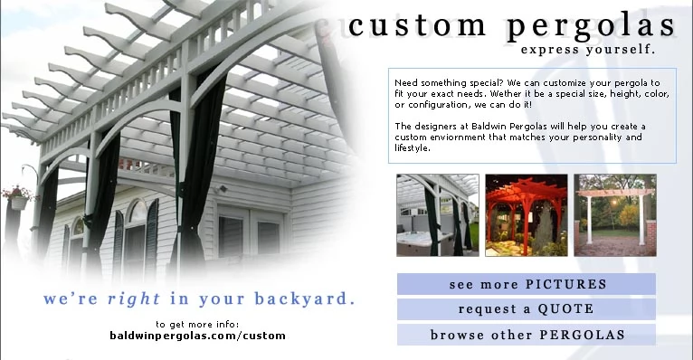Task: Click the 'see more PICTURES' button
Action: (527, 284)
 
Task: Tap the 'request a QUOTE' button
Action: (527, 309)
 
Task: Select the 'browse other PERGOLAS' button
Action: (527, 335)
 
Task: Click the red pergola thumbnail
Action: (527, 215)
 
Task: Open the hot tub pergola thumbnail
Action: (438, 215)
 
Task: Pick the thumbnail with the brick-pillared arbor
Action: (615, 215)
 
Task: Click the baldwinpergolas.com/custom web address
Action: (197, 336)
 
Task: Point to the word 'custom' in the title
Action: (417, 25)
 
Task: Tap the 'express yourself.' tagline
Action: (588, 50)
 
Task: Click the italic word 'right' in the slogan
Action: (134, 299)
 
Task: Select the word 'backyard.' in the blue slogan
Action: (305, 299)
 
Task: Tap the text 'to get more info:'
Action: (197, 324)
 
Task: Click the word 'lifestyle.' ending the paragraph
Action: (413, 148)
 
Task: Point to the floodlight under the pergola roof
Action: (222, 189)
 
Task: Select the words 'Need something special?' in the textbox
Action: (449, 83)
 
